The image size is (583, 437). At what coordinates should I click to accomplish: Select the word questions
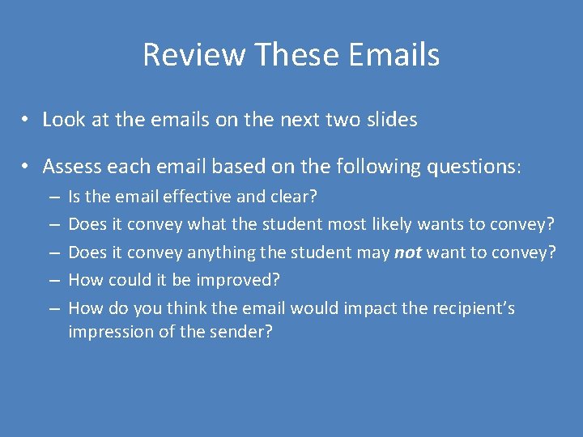tap(469, 167)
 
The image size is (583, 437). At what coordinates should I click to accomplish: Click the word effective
tap(196, 197)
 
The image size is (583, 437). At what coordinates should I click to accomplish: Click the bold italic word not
tap(407, 252)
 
